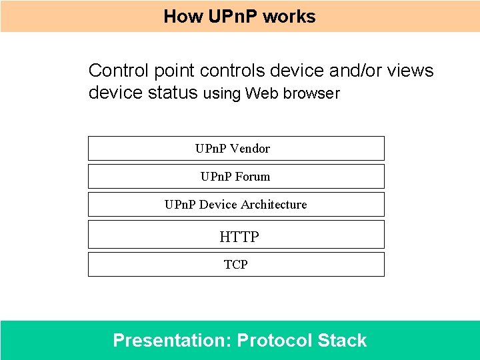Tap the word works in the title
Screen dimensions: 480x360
(x=289, y=16)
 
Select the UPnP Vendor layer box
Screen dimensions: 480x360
(x=236, y=148)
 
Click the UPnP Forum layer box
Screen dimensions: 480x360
(x=236, y=176)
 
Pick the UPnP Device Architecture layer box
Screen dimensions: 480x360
(x=236, y=204)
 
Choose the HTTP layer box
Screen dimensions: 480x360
(x=236, y=235)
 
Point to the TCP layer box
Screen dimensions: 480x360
(x=236, y=264)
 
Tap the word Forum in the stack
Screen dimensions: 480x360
(x=253, y=176)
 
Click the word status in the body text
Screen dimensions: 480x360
(x=171, y=93)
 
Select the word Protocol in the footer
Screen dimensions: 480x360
(x=275, y=340)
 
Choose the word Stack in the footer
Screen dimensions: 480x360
(x=342, y=340)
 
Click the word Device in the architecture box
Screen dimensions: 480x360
(x=218, y=204)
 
